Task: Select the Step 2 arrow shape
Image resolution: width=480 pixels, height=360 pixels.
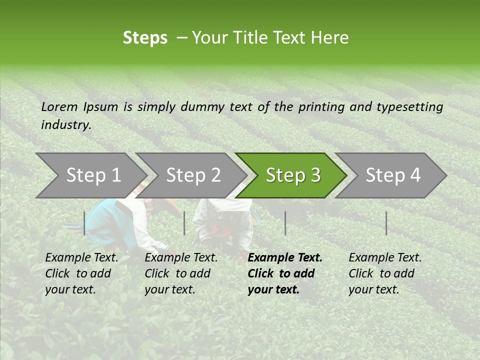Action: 192,175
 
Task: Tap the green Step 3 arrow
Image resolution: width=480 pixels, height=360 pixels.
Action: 292,175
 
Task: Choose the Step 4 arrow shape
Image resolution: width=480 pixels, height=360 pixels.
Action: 392,175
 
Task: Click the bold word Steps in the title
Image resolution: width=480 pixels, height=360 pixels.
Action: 145,38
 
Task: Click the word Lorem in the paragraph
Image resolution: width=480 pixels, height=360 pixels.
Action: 59,106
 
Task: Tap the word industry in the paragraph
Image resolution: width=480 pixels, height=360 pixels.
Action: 65,125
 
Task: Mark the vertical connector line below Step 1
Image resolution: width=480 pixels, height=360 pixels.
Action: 84,223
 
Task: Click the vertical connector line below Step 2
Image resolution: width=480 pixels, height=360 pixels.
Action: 184,223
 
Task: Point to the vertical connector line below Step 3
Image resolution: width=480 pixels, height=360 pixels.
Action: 285,223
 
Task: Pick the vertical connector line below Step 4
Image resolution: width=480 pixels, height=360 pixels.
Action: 386,223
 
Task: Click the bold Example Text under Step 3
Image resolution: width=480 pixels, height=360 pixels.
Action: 285,258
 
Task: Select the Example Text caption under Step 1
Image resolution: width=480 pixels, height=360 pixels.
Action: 81,258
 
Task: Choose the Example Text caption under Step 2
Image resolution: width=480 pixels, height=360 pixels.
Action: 181,258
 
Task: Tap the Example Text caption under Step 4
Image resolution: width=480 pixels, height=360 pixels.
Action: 385,258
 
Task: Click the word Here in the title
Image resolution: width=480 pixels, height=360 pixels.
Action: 332,38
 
